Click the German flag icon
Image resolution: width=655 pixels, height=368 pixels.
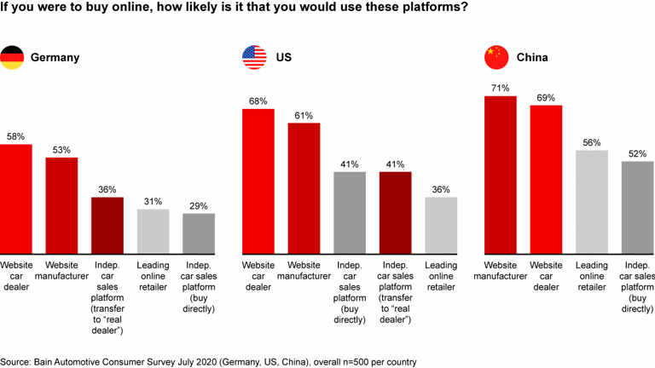coord(11,58)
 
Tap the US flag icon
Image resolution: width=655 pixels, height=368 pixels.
coord(253,58)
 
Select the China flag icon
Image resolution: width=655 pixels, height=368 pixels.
coord(496,58)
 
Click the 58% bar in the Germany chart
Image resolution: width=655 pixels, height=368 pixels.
coord(16,199)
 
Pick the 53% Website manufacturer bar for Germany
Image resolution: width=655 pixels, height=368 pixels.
coord(61,205)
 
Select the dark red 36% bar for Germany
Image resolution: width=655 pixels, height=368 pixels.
coord(107,226)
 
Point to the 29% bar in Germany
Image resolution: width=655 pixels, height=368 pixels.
coord(199,234)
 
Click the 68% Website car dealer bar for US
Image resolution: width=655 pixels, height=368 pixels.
coord(258,181)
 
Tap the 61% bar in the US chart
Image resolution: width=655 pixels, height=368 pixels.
coord(304,189)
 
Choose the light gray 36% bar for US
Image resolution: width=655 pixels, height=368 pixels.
coord(441,226)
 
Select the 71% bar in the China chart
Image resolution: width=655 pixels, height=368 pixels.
coord(501,175)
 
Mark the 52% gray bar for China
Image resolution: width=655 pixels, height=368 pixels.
coord(637,208)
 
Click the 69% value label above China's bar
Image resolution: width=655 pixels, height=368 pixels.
coord(546,97)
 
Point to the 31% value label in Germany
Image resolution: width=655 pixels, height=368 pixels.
coord(154,201)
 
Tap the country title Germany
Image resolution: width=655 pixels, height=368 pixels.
coord(55,58)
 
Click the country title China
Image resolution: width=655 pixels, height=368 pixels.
coord(532,58)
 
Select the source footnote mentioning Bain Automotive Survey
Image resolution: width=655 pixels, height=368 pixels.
coord(208,361)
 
